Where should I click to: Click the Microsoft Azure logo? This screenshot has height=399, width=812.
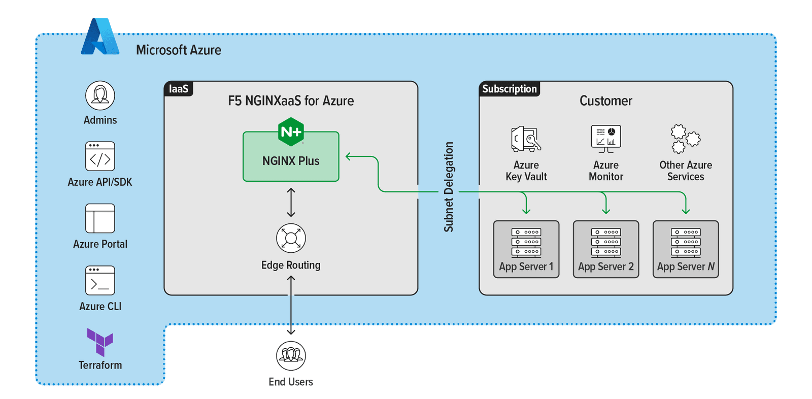(x=100, y=37)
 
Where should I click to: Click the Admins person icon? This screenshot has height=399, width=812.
(x=100, y=95)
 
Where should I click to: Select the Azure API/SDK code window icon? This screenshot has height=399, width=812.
(x=100, y=156)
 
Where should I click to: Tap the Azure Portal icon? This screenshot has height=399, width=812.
(x=100, y=218)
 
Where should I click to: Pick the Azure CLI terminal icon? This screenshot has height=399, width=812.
(x=100, y=280)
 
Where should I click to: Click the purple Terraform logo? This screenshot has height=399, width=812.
(x=100, y=342)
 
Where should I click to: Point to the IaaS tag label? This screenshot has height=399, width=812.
(x=179, y=89)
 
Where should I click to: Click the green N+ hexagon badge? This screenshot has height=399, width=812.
(x=291, y=132)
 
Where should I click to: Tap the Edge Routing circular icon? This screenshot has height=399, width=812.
(x=291, y=238)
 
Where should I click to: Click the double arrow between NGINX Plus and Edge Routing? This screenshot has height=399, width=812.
(x=291, y=202)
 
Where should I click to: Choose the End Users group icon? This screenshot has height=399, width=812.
(x=291, y=355)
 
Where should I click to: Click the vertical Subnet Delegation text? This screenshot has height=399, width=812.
(x=449, y=187)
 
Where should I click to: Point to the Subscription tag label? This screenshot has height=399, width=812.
(x=509, y=89)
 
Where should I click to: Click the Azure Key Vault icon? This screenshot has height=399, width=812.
(x=526, y=139)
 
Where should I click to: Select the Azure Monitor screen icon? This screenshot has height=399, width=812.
(x=606, y=139)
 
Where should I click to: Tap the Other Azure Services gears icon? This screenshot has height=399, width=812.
(x=685, y=139)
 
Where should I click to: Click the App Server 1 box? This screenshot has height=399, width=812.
(x=526, y=249)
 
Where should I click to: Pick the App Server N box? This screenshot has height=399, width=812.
(x=686, y=249)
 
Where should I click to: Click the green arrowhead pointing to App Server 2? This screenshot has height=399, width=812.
(x=606, y=210)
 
